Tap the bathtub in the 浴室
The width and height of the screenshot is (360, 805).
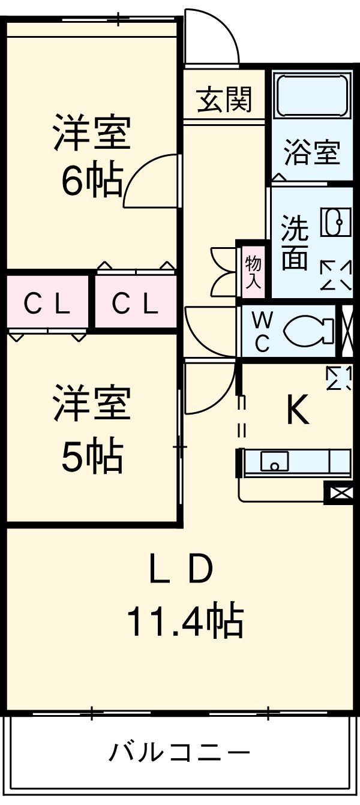point(312,96)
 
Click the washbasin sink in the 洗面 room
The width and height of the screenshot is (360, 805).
point(334,222)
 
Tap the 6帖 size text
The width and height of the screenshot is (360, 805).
point(92,181)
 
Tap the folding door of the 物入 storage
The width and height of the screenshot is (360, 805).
point(223,271)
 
